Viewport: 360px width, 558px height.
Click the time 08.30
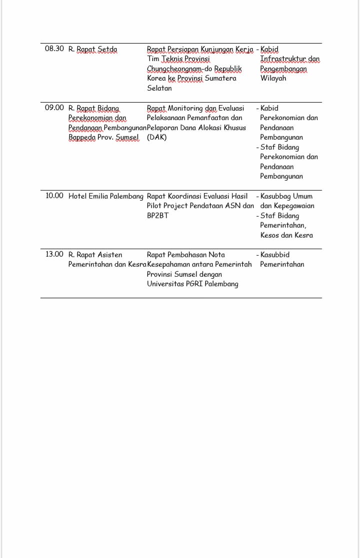tap(54, 49)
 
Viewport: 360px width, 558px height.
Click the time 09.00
tap(54, 108)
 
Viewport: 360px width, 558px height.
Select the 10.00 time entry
tap(54, 196)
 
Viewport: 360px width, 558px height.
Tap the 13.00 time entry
tap(54, 254)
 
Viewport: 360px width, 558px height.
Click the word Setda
tap(107, 49)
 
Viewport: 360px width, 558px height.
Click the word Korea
tap(156, 79)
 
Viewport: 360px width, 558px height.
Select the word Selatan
tap(159, 88)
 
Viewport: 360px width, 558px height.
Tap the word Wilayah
tap(273, 79)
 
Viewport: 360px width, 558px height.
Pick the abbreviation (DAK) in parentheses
tap(157, 137)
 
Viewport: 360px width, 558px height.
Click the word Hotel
tap(77, 196)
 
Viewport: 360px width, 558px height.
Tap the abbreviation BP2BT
tap(157, 216)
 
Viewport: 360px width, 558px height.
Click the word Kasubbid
tap(275, 255)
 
